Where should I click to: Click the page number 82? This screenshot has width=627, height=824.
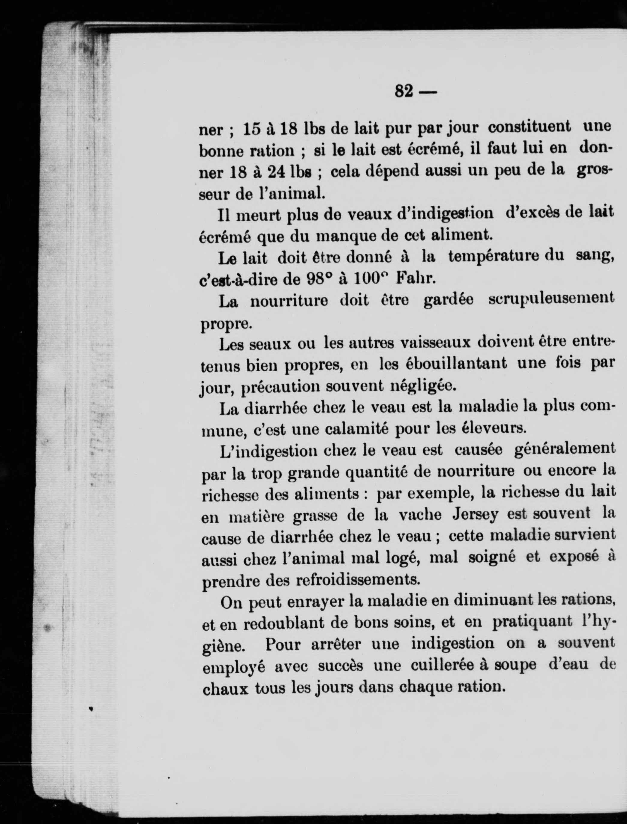(x=404, y=91)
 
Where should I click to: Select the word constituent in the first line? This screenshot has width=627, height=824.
(x=529, y=127)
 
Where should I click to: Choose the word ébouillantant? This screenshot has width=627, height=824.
(x=449, y=363)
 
